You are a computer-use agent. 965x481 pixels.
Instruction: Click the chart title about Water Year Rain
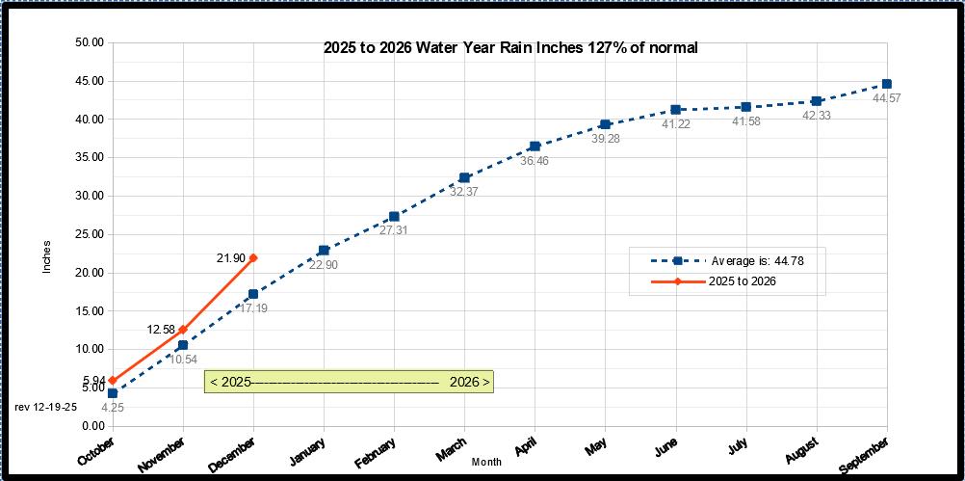point(509,47)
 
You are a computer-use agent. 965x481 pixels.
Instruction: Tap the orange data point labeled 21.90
point(253,257)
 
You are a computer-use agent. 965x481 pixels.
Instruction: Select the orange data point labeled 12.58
point(182,330)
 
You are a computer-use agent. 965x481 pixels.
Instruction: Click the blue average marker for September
point(887,84)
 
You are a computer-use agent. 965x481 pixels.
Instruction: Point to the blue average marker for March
point(464,177)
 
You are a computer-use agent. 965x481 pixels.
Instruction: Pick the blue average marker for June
point(676,110)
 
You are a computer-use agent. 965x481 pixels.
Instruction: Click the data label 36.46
point(535,161)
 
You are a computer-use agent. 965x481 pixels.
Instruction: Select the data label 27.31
point(394,231)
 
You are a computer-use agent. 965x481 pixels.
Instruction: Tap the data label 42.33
point(817,116)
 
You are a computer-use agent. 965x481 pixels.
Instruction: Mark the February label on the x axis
point(377,452)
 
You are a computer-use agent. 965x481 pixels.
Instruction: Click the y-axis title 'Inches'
point(47,255)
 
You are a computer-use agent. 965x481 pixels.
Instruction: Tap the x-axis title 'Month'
point(487,463)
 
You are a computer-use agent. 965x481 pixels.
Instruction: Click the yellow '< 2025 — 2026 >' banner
point(350,382)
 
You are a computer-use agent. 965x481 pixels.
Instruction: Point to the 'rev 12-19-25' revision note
point(45,407)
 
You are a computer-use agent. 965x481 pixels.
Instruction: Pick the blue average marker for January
point(324,251)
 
